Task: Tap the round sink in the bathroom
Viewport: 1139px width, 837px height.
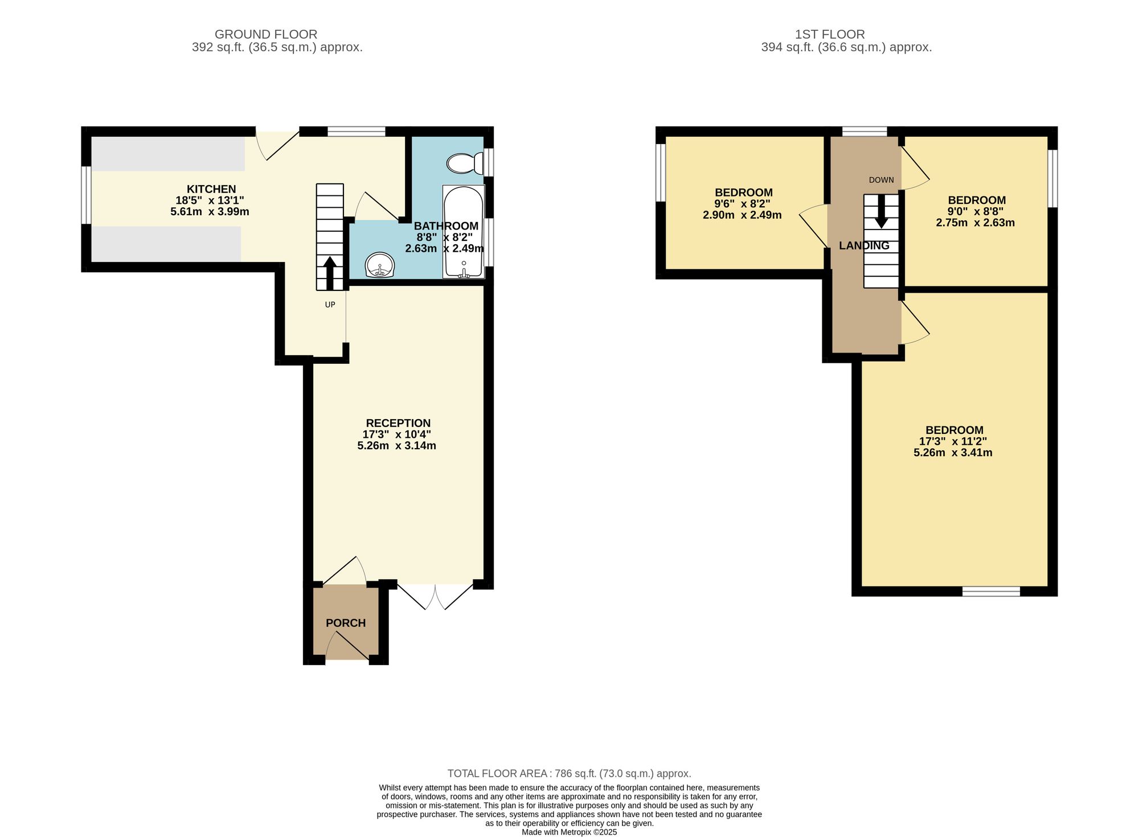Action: (379, 265)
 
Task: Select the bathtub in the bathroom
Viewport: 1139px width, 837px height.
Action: (464, 232)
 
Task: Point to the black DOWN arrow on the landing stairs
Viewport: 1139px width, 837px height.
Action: (881, 211)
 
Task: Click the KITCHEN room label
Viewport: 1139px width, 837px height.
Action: (211, 189)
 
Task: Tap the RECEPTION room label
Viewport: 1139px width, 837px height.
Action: (398, 423)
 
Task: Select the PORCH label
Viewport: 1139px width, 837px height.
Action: (346, 623)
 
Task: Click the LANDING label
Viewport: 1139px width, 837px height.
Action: (864, 245)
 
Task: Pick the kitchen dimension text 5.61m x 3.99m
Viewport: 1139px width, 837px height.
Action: (210, 212)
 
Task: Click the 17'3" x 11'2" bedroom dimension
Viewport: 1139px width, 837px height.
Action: (953, 441)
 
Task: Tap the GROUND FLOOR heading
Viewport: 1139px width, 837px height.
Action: (266, 34)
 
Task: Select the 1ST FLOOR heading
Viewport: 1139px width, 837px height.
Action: (830, 34)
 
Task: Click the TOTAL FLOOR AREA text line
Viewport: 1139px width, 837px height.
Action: (569, 773)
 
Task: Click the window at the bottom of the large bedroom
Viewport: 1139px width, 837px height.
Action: (991, 592)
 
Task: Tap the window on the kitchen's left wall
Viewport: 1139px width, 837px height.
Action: (87, 195)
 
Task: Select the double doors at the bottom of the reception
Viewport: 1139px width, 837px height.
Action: (435, 596)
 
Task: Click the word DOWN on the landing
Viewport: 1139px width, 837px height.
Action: (881, 180)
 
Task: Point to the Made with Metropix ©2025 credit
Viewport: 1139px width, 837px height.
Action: (569, 832)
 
